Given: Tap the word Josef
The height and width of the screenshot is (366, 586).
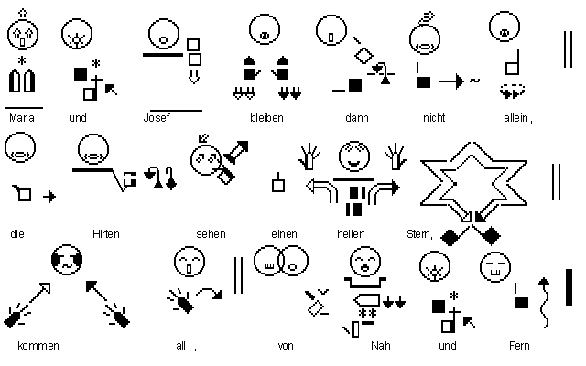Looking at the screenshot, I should coord(157,118).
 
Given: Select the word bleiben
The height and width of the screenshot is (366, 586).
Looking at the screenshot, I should coord(266,118).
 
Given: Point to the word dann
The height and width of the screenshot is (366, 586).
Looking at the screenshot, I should coord(356,118).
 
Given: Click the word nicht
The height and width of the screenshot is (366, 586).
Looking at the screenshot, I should coord(433,118).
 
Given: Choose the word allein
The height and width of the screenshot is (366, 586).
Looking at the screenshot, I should coord(517,118).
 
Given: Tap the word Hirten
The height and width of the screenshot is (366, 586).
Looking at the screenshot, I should coord(105,234).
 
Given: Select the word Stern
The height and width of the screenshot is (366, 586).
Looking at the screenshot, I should coord(418,234).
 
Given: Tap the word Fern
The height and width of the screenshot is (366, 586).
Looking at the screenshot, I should coord(519,346).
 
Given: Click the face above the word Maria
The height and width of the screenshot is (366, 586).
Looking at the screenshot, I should coord(21,36).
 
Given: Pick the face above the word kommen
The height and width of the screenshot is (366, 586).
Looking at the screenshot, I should coord(66,260).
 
